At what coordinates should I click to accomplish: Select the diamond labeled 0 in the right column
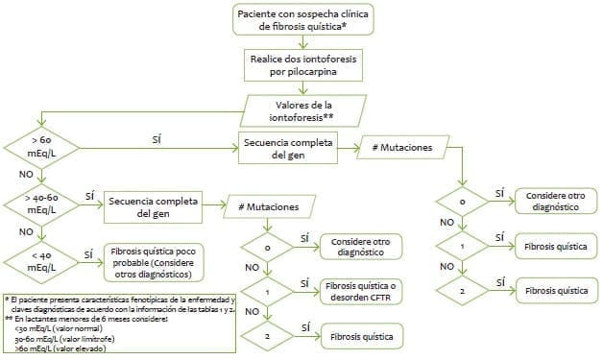click(x=464, y=203)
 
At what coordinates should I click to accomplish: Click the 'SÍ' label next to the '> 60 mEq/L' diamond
click(x=157, y=139)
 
